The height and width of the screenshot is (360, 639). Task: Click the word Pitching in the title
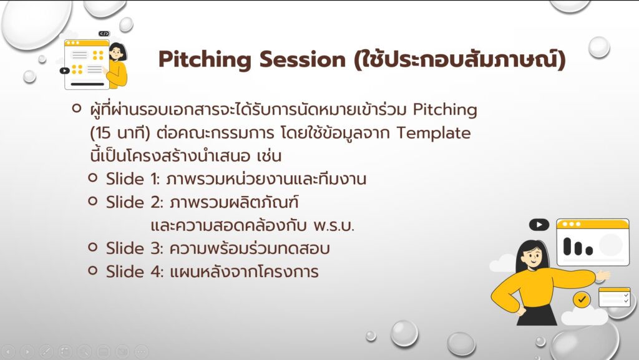(205, 59)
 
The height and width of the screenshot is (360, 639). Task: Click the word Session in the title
(303, 59)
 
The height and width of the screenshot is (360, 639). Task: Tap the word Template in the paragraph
(434, 134)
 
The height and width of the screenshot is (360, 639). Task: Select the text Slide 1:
(134, 179)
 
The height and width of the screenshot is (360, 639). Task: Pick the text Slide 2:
(135, 202)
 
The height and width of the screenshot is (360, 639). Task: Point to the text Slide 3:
(135, 248)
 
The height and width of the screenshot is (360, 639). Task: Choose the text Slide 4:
(135, 271)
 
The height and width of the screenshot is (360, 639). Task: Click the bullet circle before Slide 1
(93, 178)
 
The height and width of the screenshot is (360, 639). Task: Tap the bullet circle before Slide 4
(93, 270)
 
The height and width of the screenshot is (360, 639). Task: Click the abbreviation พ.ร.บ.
(334, 226)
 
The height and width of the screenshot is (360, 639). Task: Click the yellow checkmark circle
(582, 299)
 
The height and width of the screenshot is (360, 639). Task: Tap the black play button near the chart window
(539, 225)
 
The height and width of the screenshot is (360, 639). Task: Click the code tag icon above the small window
(104, 34)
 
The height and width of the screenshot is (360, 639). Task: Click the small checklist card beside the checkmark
(615, 297)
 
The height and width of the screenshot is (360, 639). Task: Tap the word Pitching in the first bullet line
(445, 110)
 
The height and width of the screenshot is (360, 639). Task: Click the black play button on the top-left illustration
(64, 71)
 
